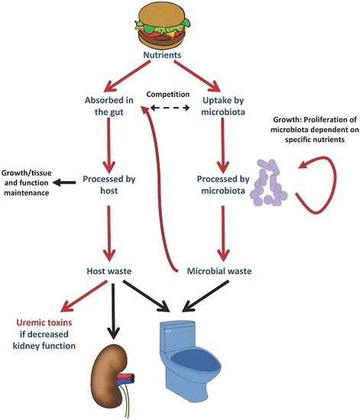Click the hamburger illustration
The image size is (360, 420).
pyautogui.click(x=163, y=26)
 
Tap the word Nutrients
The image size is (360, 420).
pyautogui.click(x=162, y=55)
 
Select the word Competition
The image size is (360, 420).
pyautogui.click(x=168, y=94)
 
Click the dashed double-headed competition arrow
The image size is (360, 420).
pyautogui.click(x=170, y=108)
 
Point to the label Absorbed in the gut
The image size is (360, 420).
pyautogui.click(x=109, y=106)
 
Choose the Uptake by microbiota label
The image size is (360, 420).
pyautogui.click(x=223, y=106)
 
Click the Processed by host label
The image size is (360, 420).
pyautogui.click(x=109, y=185)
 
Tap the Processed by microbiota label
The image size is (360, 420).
pyautogui.click(x=223, y=185)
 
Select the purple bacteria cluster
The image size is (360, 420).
pyautogui.click(x=268, y=183)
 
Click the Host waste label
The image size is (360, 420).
pyautogui.click(x=109, y=271)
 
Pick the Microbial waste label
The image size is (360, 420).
pyautogui.click(x=219, y=271)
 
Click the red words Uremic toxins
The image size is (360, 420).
pyautogui.click(x=44, y=322)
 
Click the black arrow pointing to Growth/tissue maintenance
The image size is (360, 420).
pyautogui.click(x=64, y=183)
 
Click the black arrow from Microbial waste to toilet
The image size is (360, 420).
pyautogui.click(x=206, y=296)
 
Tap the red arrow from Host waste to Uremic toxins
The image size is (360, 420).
pyautogui.click(x=84, y=296)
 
